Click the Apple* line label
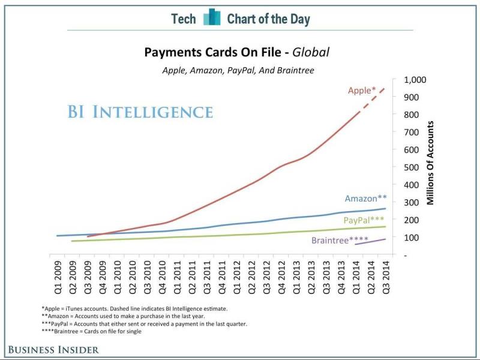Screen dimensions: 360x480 (x=362, y=91)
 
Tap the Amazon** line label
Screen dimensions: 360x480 (x=365, y=199)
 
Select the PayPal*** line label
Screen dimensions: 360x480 (x=364, y=220)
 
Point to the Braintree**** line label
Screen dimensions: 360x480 (x=340, y=241)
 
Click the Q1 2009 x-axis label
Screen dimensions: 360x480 (x=59, y=275)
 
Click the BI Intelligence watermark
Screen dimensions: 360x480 (x=139, y=112)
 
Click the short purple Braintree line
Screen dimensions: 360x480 (x=370, y=241)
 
